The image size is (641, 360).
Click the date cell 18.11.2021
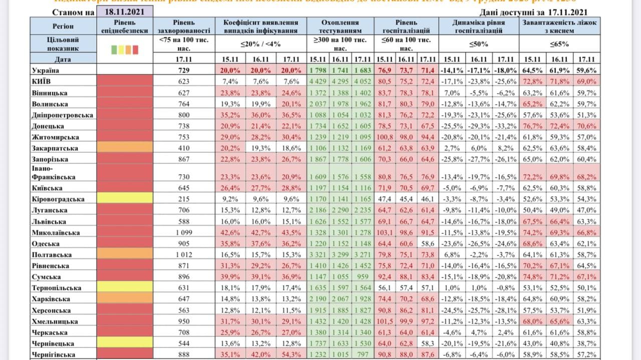[x=125, y=12]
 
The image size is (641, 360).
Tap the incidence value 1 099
[x=184, y=232]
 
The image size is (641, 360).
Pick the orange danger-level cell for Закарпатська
[x=125, y=148]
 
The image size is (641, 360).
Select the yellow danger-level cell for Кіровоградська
[x=125, y=199]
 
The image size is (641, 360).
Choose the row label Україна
[x=46, y=71]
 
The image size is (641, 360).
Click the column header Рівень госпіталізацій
[x=406, y=27]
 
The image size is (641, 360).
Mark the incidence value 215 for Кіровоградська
[x=184, y=199]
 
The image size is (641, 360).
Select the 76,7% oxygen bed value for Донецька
[x=533, y=126]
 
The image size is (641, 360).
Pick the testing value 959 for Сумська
[x=363, y=276]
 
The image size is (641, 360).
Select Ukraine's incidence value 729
[x=184, y=71]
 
